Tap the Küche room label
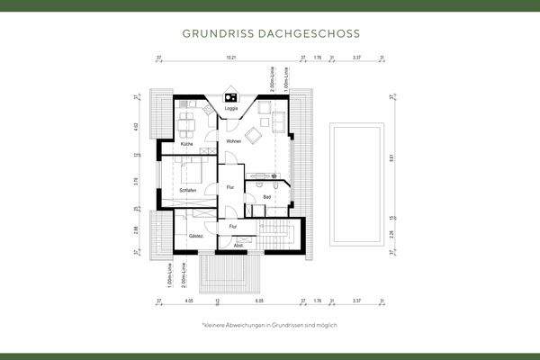point(186,144)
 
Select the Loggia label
point(231,110)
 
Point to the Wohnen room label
point(233,142)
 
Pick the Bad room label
point(266,197)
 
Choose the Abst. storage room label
point(238,245)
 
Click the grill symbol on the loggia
point(231,98)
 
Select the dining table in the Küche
point(186,121)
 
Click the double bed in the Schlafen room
point(191,170)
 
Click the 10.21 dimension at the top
point(231,58)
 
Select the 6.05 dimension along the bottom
point(258,301)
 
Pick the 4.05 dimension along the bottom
point(188,301)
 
